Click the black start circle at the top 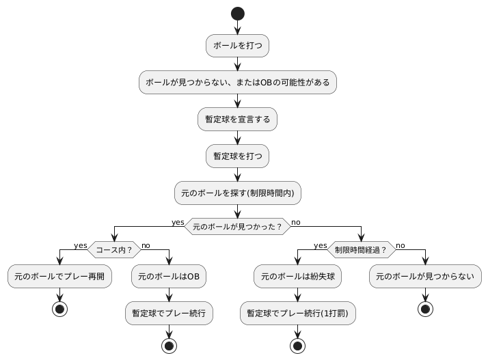237,13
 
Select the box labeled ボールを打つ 237,46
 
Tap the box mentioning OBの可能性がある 237,83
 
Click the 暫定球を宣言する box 237,119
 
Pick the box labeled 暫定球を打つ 237,156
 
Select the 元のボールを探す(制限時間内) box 237,193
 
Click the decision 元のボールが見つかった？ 237,226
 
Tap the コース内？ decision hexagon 113,250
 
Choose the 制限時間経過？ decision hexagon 360,250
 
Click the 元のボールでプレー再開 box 59,277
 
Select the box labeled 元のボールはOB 169,277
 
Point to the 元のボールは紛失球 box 297,277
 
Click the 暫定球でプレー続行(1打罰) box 297,314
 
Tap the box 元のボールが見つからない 426,277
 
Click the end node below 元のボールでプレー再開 59,309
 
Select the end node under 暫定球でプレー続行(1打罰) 297,345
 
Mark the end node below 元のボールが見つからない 426,309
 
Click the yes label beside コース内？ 80,245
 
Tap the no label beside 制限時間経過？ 401,245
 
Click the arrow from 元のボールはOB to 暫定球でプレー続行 169,295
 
